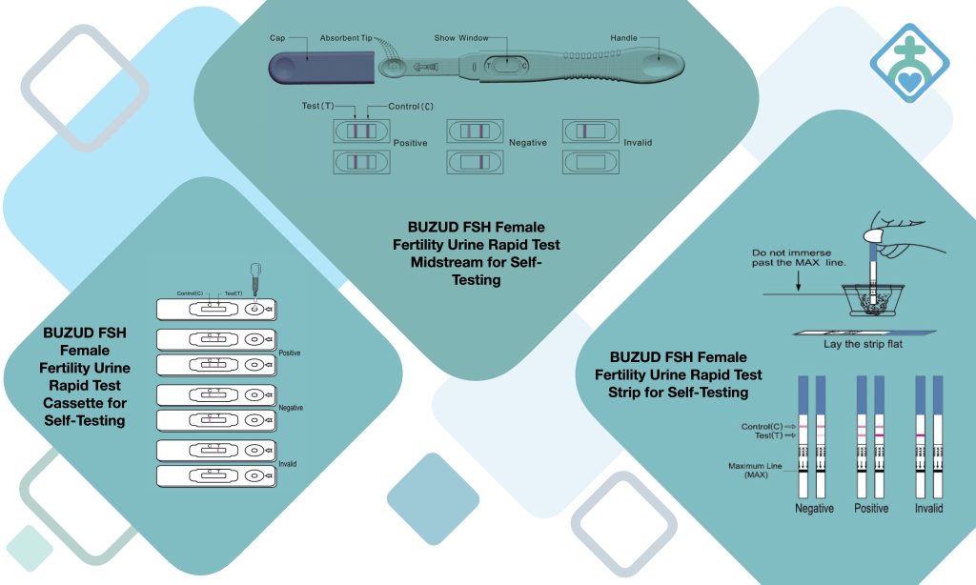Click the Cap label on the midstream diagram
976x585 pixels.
(x=278, y=38)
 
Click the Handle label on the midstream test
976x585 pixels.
(x=624, y=38)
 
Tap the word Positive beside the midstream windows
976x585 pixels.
(x=410, y=143)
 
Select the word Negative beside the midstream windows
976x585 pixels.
(x=527, y=143)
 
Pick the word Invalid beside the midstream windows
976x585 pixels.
(x=639, y=143)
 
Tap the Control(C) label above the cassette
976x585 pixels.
(x=193, y=293)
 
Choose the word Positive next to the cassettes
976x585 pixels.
(x=289, y=353)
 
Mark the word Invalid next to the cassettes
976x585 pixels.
(x=288, y=463)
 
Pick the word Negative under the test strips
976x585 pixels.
(x=814, y=509)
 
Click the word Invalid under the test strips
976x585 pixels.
(x=928, y=509)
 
